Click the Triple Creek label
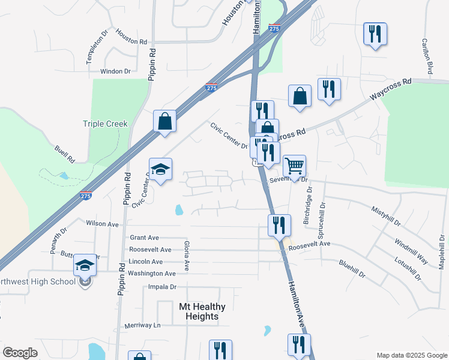[105, 124]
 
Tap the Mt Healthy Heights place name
[202, 311]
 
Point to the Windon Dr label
[115, 71]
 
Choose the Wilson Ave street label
[103, 223]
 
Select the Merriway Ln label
[143, 325]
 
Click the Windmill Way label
[411, 251]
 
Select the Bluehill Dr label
[352, 268]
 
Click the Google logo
[20, 353]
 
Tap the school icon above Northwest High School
[85, 265]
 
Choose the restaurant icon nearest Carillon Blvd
[375, 34]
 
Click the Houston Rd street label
[131, 37]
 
